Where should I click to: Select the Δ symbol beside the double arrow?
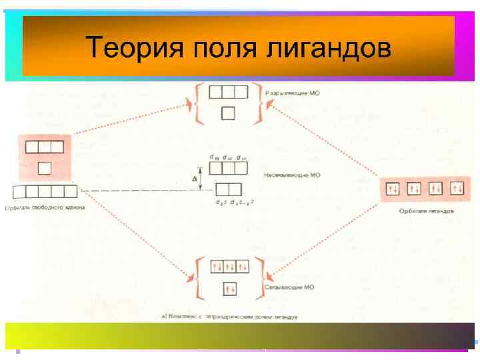point(195,179)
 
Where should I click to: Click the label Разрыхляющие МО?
point(293,93)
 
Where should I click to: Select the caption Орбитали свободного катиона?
point(45,207)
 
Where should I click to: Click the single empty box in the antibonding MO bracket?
point(228,114)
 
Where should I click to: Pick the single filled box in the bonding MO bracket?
point(228,289)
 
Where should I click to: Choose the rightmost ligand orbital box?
point(457,189)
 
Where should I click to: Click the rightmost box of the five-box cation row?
point(71,192)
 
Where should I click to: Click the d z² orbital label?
point(221,203)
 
